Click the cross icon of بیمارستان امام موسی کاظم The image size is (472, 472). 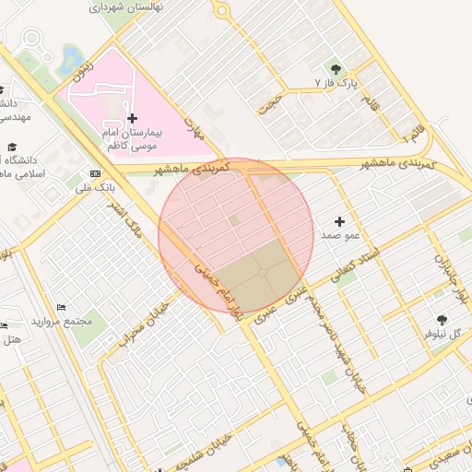(133, 118)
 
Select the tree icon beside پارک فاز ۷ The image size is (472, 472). (335, 68)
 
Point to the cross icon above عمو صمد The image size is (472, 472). (339, 221)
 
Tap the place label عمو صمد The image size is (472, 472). (339, 236)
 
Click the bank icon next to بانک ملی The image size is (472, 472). (96, 173)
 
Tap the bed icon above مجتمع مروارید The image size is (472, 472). (61, 307)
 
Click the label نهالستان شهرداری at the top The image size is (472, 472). (134, 6)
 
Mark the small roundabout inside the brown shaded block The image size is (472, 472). (263, 272)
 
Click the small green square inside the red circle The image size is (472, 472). (234, 220)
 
